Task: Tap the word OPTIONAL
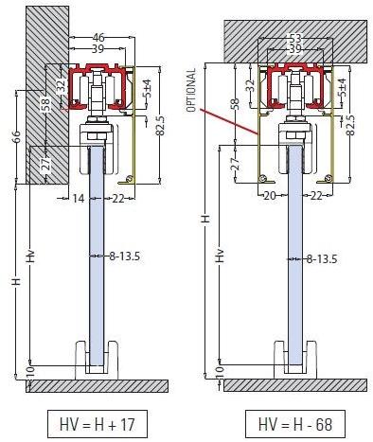pyautogui.click(x=191, y=90)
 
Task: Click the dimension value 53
pyautogui.click(x=294, y=39)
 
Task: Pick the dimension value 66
pyautogui.click(x=12, y=138)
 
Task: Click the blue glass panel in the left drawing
pyautogui.click(x=98, y=284)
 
